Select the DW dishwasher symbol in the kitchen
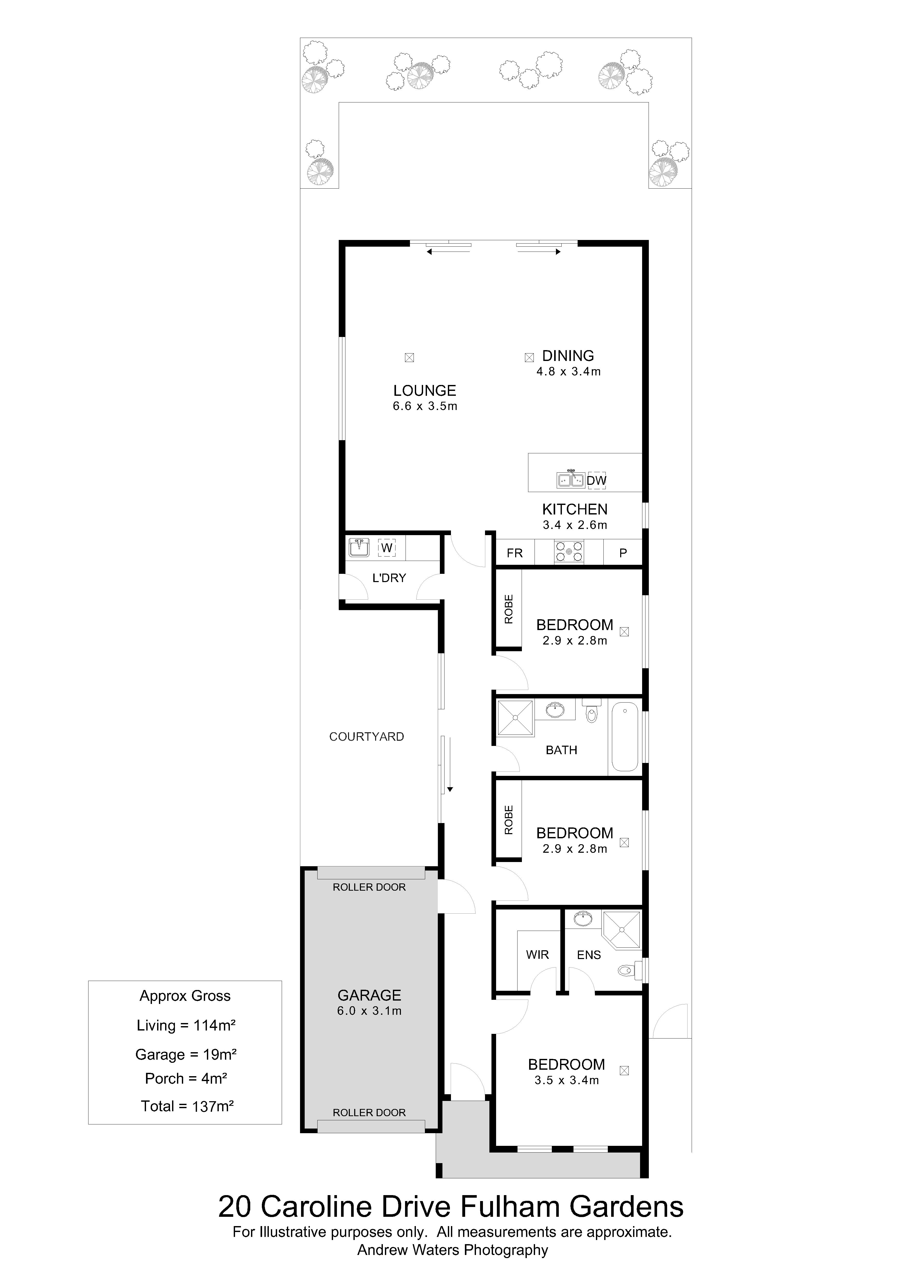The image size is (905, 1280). pos(596,480)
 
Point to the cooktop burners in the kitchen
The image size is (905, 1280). pos(569,552)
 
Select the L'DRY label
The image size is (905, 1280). pos(389,578)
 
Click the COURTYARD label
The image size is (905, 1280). pos(367,737)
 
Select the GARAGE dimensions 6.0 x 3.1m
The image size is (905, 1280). pos(369,1011)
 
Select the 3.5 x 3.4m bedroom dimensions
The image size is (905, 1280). pos(567,1080)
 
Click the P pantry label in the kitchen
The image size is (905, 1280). pos(623,553)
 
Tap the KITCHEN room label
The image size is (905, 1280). pos(575,509)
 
